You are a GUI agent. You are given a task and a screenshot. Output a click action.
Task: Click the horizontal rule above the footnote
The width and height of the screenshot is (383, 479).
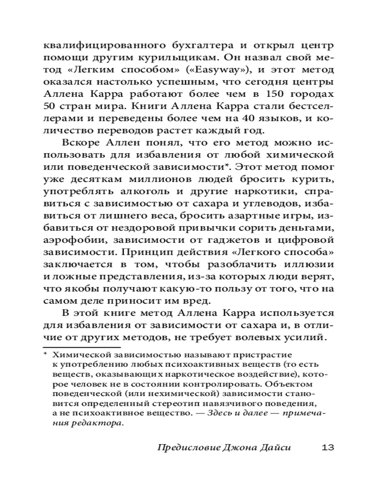81,346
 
